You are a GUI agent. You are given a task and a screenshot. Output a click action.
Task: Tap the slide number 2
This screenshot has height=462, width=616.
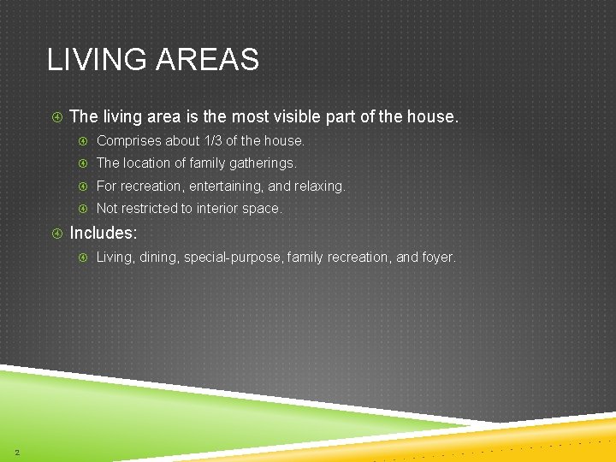point(17,453)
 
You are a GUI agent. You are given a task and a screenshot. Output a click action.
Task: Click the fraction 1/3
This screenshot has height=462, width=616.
point(213,140)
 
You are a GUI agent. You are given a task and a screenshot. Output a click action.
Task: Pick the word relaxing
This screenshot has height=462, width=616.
point(319,186)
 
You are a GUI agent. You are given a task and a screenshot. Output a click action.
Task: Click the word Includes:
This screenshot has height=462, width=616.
point(103,233)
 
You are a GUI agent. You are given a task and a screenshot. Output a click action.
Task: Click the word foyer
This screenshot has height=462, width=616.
point(439,257)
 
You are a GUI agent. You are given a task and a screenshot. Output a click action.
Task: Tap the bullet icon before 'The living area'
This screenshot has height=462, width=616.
point(56,116)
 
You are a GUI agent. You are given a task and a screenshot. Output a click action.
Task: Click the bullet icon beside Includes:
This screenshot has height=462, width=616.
point(56,233)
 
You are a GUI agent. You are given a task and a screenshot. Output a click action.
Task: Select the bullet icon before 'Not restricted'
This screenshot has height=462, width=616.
point(83,209)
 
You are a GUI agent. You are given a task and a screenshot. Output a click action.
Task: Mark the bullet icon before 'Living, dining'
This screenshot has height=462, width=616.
point(83,257)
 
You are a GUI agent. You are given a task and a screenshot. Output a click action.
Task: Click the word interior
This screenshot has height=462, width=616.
point(221,209)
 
